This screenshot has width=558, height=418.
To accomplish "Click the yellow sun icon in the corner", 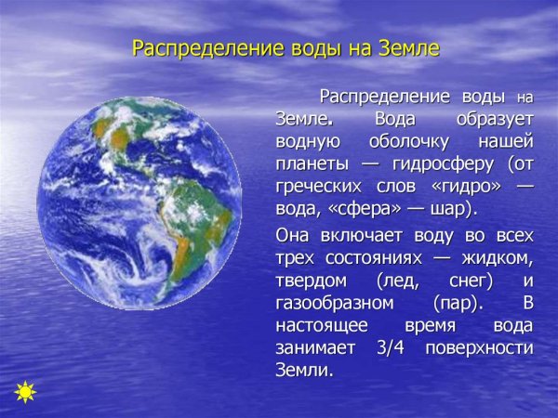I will (x=25, y=391).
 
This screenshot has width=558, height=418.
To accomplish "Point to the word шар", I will (x=446, y=208).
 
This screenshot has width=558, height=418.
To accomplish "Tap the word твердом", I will (x=311, y=281).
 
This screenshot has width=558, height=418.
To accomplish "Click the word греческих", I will (x=320, y=186).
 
